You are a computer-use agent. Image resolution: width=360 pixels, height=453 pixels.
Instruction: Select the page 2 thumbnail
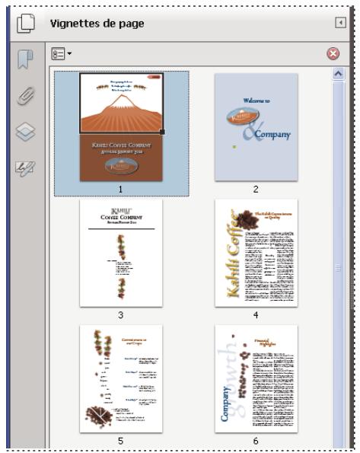256,127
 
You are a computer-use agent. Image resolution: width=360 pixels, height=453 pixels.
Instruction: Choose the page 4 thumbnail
256,253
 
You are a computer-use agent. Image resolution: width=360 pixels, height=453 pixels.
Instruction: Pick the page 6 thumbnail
256,379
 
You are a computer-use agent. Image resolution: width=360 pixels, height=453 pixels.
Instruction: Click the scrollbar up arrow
339,74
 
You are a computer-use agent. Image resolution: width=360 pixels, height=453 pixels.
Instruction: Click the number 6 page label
256,440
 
